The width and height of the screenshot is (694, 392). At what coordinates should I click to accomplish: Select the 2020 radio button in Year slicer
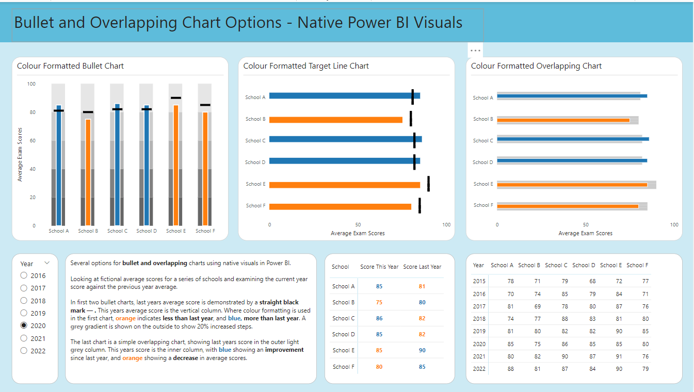[24, 325]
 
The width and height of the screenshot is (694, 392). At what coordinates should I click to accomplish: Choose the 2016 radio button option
[24, 275]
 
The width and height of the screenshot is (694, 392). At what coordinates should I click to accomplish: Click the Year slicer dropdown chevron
[47, 263]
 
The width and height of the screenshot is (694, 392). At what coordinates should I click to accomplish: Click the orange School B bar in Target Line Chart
[335, 120]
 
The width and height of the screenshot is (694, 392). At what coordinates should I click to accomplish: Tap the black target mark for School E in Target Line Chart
[428, 184]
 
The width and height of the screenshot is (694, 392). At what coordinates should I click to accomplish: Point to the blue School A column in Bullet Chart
[59, 165]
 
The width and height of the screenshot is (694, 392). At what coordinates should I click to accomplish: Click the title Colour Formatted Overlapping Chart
[536, 66]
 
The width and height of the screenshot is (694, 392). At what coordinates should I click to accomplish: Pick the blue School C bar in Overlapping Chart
[573, 139]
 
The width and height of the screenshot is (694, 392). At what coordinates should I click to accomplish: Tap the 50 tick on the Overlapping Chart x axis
[586, 225]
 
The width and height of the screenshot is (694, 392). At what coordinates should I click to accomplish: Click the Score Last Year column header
[422, 267]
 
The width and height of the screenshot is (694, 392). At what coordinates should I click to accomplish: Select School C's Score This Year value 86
[379, 318]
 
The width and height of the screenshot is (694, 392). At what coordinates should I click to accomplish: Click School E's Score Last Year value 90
[422, 350]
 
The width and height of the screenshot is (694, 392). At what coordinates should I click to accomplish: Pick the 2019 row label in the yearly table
[479, 331]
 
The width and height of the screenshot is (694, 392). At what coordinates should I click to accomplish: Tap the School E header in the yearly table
[610, 265]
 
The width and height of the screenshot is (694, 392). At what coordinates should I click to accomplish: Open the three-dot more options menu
[475, 50]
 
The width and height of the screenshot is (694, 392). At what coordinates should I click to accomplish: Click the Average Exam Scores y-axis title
[20, 154]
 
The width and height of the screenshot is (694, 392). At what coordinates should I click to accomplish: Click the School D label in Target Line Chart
[255, 162]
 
